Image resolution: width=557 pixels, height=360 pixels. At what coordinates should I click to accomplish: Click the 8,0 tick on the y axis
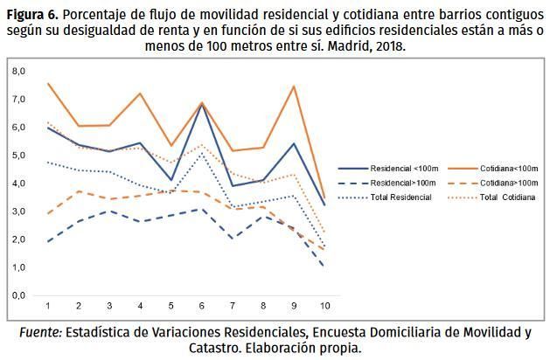click(19, 71)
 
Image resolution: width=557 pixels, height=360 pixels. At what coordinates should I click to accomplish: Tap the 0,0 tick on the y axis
click(19, 295)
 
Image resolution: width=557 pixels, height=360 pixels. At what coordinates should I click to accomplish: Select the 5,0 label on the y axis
click(19, 155)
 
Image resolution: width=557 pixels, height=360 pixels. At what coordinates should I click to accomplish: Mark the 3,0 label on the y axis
click(19, 211)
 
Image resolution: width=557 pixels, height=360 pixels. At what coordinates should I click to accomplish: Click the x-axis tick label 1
click(47, 306)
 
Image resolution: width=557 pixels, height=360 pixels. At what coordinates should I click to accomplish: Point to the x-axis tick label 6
click(202, 306)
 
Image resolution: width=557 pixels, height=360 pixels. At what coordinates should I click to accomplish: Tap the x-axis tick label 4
click(140, 306)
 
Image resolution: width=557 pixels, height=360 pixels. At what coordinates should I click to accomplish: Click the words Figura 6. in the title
click(33, 14)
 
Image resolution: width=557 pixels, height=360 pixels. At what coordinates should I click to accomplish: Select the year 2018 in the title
click(388, 45)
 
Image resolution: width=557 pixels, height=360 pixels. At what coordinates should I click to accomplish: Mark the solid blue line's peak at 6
click(202, 104)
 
